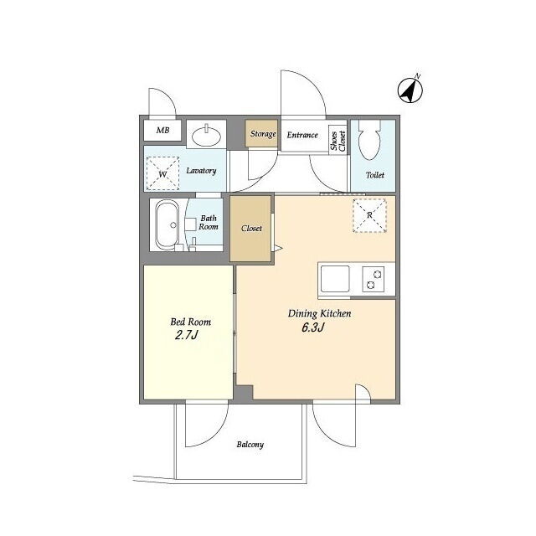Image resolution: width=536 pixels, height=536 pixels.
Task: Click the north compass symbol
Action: [410, 90]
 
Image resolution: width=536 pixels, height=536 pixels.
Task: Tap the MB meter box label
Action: [162, 130]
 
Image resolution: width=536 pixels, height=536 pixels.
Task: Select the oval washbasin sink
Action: [206, 136]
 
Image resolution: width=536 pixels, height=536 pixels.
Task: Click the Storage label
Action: [263, 134]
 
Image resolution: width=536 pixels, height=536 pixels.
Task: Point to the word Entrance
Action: [302, 135]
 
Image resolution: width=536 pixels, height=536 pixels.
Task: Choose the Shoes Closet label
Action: [338, 141]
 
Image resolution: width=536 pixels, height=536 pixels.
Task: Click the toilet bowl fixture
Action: [370, 140]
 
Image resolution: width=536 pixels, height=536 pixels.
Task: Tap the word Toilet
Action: [375, 175]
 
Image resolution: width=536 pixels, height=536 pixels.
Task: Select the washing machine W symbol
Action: [162, 173]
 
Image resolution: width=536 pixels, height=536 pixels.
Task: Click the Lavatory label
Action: [201, 170]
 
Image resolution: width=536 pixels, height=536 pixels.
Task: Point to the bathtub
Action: [167, 225]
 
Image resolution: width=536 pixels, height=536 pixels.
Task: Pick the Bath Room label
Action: [209, 222]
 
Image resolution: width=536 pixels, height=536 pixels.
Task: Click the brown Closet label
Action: [251, 228]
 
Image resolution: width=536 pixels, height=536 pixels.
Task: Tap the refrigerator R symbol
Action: [369, 215]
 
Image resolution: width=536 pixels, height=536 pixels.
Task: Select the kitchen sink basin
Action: [335, 279]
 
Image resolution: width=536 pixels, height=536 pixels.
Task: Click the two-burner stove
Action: [373, 279]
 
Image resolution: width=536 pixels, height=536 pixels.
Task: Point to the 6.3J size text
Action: [312, 327]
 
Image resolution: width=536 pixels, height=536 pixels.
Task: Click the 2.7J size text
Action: [186, 335]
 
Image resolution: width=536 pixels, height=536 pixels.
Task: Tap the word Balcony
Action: [250, 445]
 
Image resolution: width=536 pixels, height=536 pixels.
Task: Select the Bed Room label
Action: [190, 322]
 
